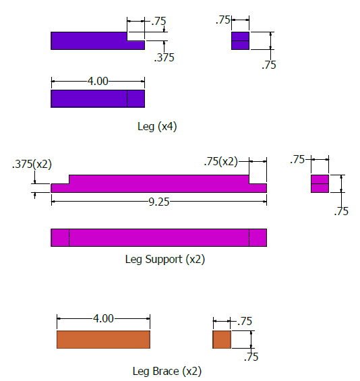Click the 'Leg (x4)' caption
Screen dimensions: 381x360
(x=156, y=126)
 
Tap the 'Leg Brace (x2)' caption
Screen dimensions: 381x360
(x=167, y=371)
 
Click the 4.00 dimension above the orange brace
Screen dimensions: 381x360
(x=103, y=319)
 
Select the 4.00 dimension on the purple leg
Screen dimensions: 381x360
(x=98, y=81)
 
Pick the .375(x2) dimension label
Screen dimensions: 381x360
(x=32, y=164)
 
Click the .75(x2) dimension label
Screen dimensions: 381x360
(x=220, y=161)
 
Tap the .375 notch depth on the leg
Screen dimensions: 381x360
(x=164, y=58)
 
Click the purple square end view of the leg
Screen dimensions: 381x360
(x=240, y=40)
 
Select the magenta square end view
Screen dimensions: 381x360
(x=320, y=183)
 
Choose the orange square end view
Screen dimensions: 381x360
(x=222, y=340)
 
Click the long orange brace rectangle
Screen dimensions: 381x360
(x=103, y=340)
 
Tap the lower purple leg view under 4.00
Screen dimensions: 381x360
(x=98, y=98)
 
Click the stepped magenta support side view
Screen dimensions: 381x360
(x=158, y=183)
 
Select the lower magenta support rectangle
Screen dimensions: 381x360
(x=158, y=237)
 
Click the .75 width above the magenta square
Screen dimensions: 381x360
(x=297, y=160)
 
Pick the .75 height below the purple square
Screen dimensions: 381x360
(x=269, y=65)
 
